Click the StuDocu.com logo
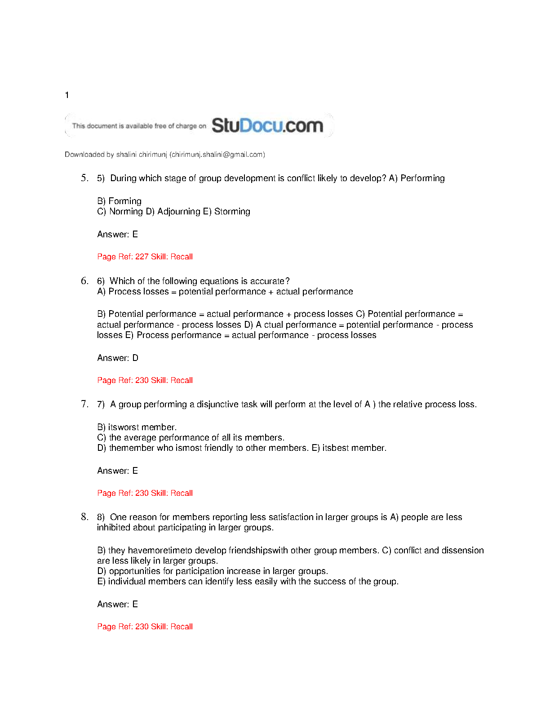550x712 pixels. (x=267, y=125)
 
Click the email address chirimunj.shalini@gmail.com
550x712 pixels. (x=217, y=155)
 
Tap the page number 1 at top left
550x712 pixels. (x=67, y=95)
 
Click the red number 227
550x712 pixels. (x=142, y=257)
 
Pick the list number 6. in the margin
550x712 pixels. (x=84, y=281)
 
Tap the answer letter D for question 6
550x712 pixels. (x=135, y=358)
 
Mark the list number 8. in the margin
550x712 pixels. (x=84, y=517)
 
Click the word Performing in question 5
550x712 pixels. (x=422, y=178)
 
